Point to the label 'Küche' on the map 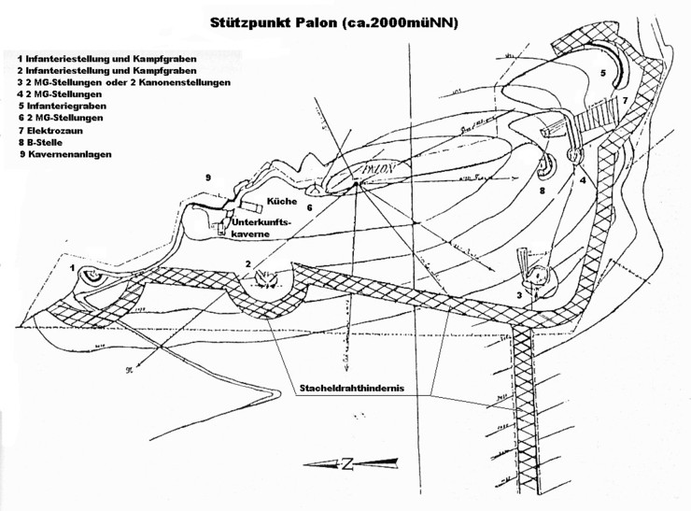(x=281, y=201)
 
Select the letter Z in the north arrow (x=346, y=464)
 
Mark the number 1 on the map (x=72, y=267)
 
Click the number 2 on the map (x=247, y=264)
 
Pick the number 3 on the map (x=519, y=295)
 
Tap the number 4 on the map (x=583, y=180)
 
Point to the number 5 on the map (x=603, y=72)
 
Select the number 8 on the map (x=542, y=190)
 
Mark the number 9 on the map (x=208, y=177)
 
